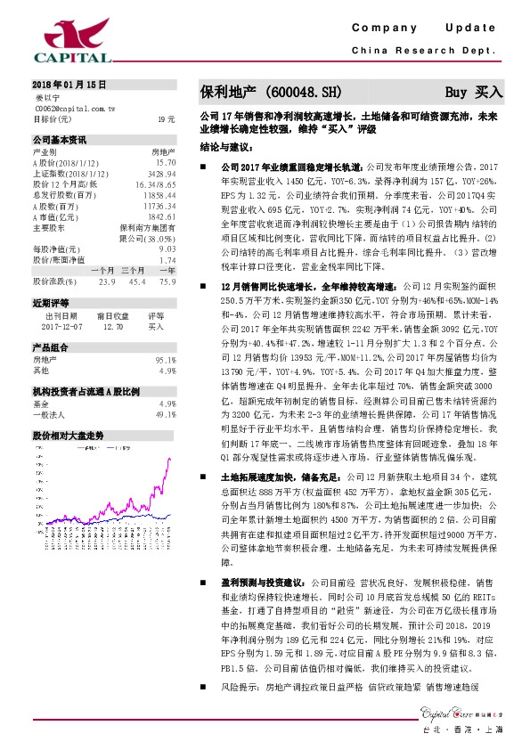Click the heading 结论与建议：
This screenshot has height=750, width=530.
point(225,146)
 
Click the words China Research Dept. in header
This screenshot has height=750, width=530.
point(422,51)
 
